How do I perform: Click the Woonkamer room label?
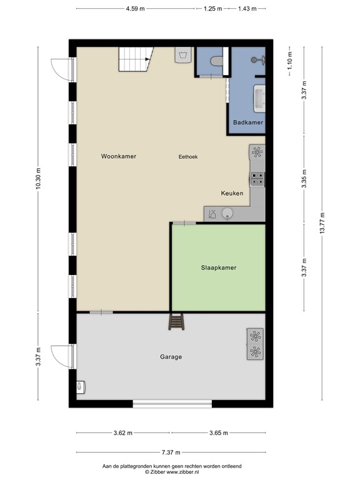[x=119, y=156]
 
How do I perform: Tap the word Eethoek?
[x=188, y=157]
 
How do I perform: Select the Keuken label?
[x=231, y=193]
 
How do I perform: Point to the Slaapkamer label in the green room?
[x=218, y=267]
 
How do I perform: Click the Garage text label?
[x=171, y=357]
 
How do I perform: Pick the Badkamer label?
[x=248, y=122]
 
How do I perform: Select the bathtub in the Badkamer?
[x=258, y=99]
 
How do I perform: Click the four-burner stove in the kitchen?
[x=257, y=179]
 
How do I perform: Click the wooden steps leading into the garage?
[x=177, y=322]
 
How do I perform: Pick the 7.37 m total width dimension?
[x=171, y=452]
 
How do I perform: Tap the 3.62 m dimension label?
[x=123, y=432]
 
